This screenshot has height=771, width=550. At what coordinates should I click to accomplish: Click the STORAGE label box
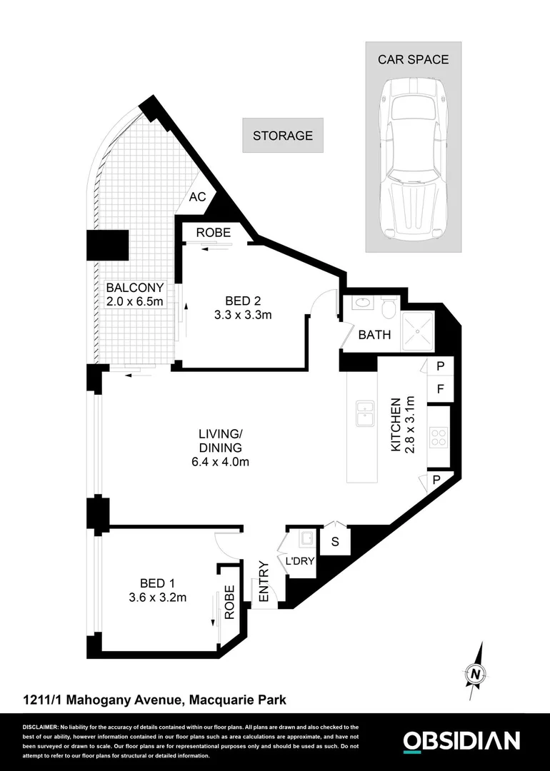tap(283, 135)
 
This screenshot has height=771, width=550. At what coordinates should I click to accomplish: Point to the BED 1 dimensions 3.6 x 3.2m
tap(157, 598)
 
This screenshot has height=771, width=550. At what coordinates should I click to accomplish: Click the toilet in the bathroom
tap(389, 308)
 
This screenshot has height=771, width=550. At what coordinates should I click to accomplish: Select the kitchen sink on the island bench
tap(366, 413)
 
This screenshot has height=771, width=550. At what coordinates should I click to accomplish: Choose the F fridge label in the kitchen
tap(440, 390)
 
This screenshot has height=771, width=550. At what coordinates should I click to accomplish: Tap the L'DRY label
tap(300, 561)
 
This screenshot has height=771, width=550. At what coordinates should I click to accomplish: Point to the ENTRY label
tap(263, 583)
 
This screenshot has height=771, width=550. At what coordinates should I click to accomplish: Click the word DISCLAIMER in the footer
tap(41, 726)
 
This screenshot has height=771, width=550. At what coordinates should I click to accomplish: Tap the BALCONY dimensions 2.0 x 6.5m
tap(135, 302)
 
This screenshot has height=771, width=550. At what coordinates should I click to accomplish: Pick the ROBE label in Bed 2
tap(214, 232)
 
